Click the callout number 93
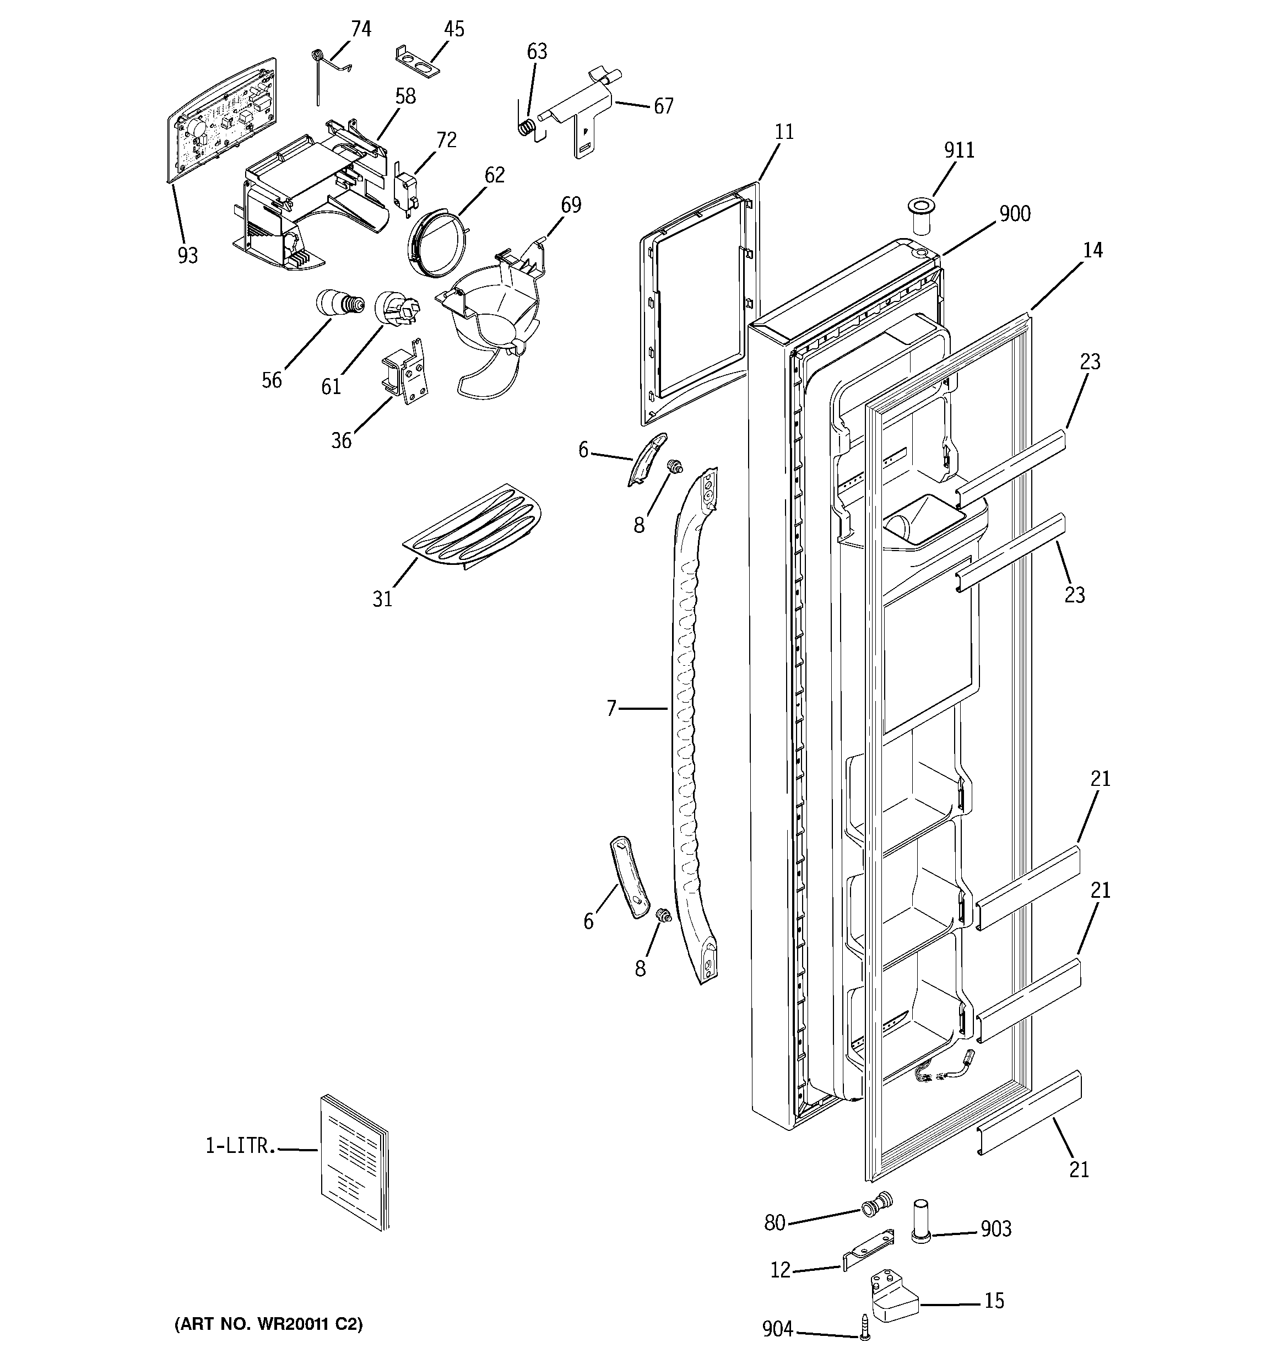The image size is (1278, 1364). pos(187,255)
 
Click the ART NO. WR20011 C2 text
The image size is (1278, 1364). pos(268,1324)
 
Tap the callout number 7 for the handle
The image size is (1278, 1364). pos(611,708)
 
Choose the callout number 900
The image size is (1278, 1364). pos(1014,214)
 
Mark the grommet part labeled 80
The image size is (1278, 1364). pos(876,1204)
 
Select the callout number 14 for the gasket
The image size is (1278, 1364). pos(1092,250)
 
